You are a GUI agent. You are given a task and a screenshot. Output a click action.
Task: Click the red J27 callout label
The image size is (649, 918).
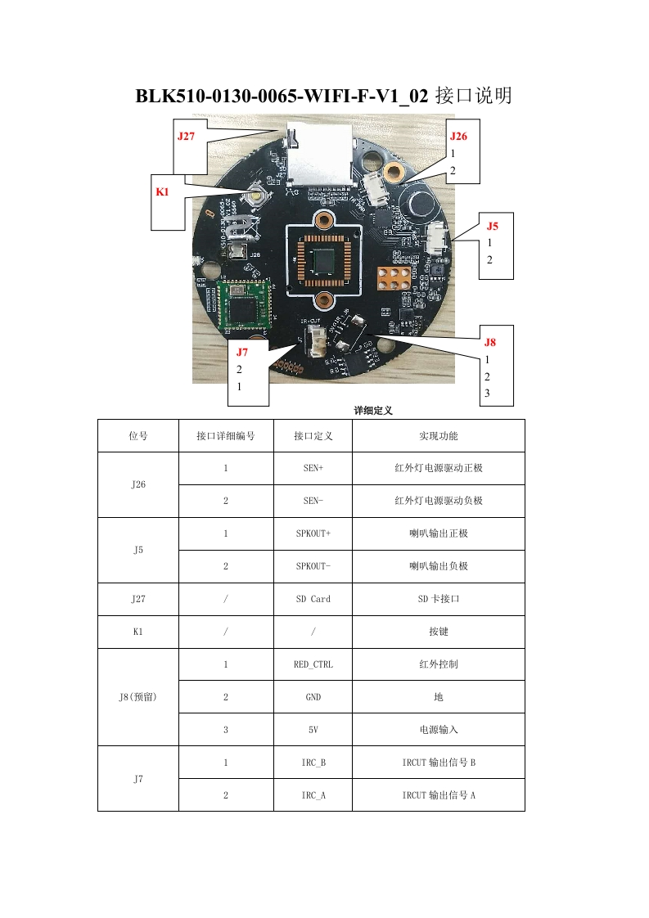coord(187,137)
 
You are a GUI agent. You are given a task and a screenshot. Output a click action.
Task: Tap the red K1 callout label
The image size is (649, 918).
coord(162,191)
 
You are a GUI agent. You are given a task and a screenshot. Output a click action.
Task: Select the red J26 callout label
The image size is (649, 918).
coord(458,137)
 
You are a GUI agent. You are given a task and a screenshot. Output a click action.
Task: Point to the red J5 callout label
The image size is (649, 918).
coord(492,226)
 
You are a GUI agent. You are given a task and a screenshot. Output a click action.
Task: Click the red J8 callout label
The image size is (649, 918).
coord(489,342)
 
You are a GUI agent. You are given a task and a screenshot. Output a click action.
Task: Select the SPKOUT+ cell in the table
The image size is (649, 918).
coord(313,533)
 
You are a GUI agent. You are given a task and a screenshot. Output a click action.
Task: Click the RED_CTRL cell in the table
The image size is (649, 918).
coord(313,664)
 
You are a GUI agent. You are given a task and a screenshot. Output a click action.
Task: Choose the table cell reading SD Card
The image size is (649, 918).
coord(313,599)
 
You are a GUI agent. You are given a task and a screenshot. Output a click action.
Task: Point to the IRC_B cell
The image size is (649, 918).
coord(313,763)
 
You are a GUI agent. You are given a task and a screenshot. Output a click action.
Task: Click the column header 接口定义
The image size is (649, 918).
coord(313,436)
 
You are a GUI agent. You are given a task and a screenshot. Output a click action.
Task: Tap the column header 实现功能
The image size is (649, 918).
coord(439,436)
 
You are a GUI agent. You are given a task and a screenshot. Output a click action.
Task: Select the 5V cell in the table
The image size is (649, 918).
coord(313,730)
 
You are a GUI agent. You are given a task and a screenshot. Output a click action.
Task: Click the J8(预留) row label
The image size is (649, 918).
coord(138,697)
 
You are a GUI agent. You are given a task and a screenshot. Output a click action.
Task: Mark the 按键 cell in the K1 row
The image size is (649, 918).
coord(439,632)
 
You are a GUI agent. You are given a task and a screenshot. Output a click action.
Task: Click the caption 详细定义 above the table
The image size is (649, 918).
coord(373,411)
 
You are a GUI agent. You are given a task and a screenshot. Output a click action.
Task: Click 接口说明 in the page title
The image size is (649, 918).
coord(474,97)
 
